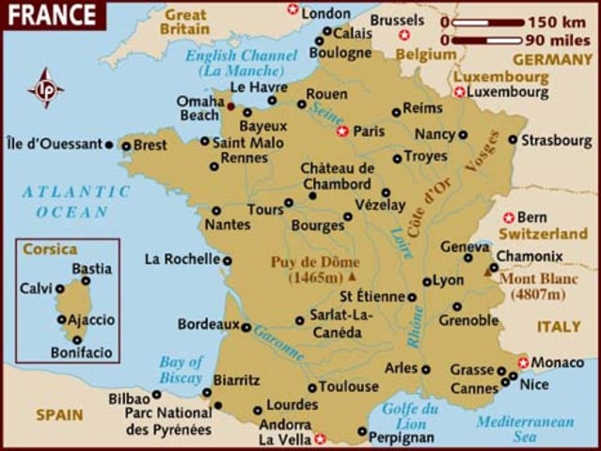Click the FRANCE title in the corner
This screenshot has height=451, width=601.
click(52, 15)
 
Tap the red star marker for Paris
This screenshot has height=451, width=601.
click(342, 132)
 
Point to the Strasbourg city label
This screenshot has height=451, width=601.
click(558, 140)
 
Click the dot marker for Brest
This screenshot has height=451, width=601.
click(126, 146)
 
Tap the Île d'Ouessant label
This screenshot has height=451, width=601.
click(53, 145)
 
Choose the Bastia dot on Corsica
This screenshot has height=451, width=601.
click(86, 280)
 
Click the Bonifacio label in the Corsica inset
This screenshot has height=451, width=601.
click(81, 353)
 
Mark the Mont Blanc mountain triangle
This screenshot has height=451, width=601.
click(488, 271)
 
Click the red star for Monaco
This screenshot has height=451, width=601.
click(523, 362)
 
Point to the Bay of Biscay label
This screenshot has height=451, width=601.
click(181, 369)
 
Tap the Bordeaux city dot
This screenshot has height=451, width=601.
click(245, 328)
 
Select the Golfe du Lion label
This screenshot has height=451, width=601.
click(411, 416)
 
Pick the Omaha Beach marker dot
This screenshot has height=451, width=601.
click(230, 106)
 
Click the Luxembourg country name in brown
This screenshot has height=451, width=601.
click(500, 77)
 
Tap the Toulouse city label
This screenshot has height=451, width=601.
click(348, 386)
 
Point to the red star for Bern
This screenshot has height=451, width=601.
click(509, 217)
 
